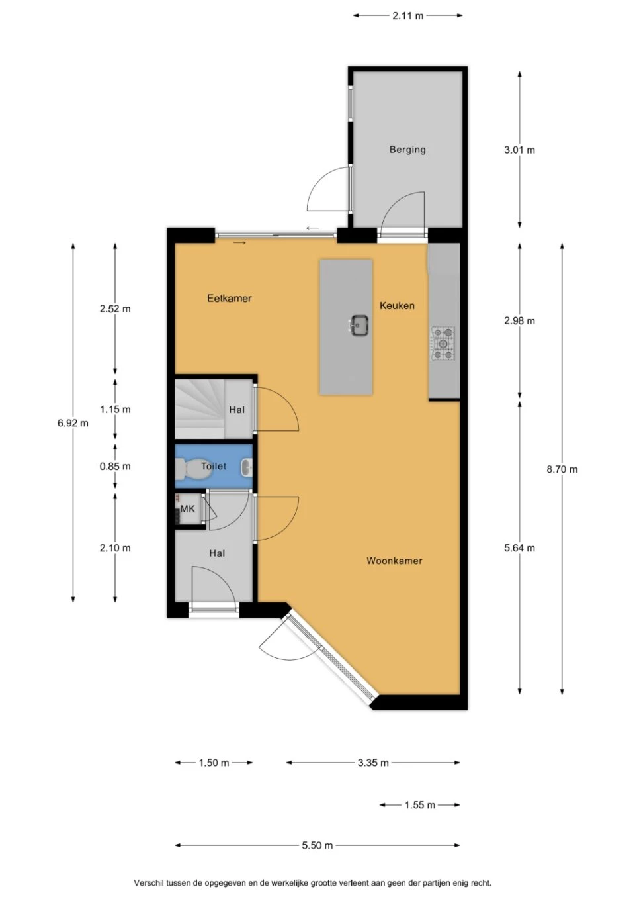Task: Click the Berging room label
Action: tap(407, 150)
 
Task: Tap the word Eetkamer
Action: tap(230, 298)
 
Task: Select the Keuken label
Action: tap(397, 306)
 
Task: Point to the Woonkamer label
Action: tap(394, 561)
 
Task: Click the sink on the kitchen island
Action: tap(359, 325)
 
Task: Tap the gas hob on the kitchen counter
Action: tap(443, 343)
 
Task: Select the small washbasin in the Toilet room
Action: tap(246, 467)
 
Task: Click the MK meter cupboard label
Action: tap(188, 509)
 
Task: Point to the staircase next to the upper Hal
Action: tap(199, 409)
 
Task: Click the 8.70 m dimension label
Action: tap(562, 469)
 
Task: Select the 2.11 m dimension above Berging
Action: tap(407, 16)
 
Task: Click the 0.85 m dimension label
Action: tap(115, 466)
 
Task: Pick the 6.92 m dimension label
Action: tap(73, 423)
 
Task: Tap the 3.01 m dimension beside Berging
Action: tap(519, 150)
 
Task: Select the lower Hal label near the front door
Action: tap(217, 553)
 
